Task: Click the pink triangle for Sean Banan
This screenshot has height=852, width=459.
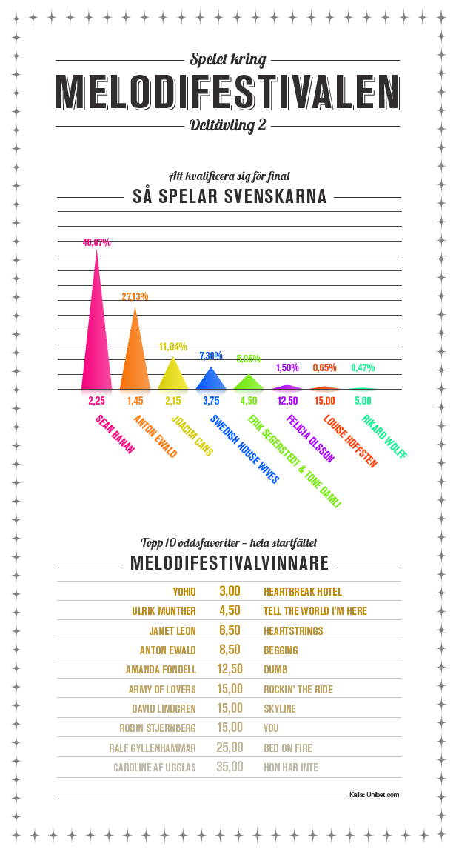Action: (96, 341)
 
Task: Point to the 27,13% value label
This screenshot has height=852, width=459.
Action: (135, 296)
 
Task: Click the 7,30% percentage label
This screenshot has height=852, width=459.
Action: (211, 356)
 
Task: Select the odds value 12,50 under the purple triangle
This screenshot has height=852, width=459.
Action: (287, 400)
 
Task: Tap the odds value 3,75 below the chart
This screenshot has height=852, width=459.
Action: (211, 400)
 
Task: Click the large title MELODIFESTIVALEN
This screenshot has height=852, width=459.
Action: (229, 92)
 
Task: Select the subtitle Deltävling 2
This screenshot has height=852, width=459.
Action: (228, 125)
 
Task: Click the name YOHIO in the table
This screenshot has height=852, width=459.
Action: (184, 592)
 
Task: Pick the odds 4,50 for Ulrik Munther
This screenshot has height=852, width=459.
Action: (229, 611)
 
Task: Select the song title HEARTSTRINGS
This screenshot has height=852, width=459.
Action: (293, 630)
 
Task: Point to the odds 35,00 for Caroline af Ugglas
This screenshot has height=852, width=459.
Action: (229, 767)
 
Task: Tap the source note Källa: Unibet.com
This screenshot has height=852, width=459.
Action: (375, 795)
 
